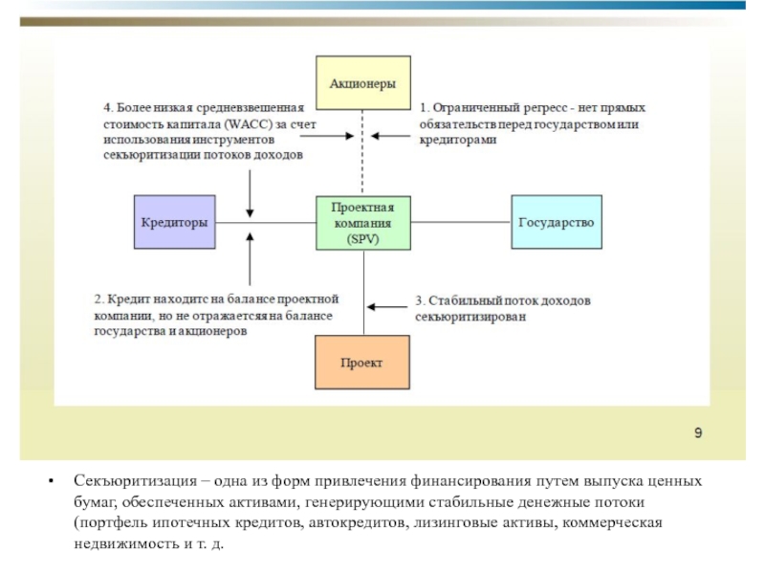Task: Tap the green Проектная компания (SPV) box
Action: [363, 223]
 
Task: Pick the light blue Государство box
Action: [557, 223]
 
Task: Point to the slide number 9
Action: [698, 433]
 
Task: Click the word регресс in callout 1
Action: [539, 108]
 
